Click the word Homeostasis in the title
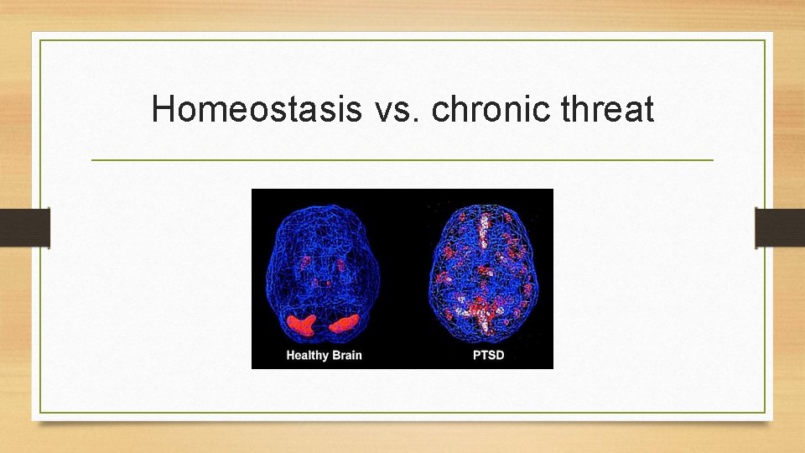pos(257,110)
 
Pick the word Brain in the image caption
pos(345,355)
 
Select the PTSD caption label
pos(488,355)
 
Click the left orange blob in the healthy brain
pos(299,323)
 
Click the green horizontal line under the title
pos(402,159)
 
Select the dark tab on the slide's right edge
pos(779,227)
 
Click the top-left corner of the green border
pos(41,41)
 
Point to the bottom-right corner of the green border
pos(765,412)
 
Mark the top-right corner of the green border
pos(765,41)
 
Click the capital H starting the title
pos(162,110)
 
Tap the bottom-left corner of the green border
pos(41,412)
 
